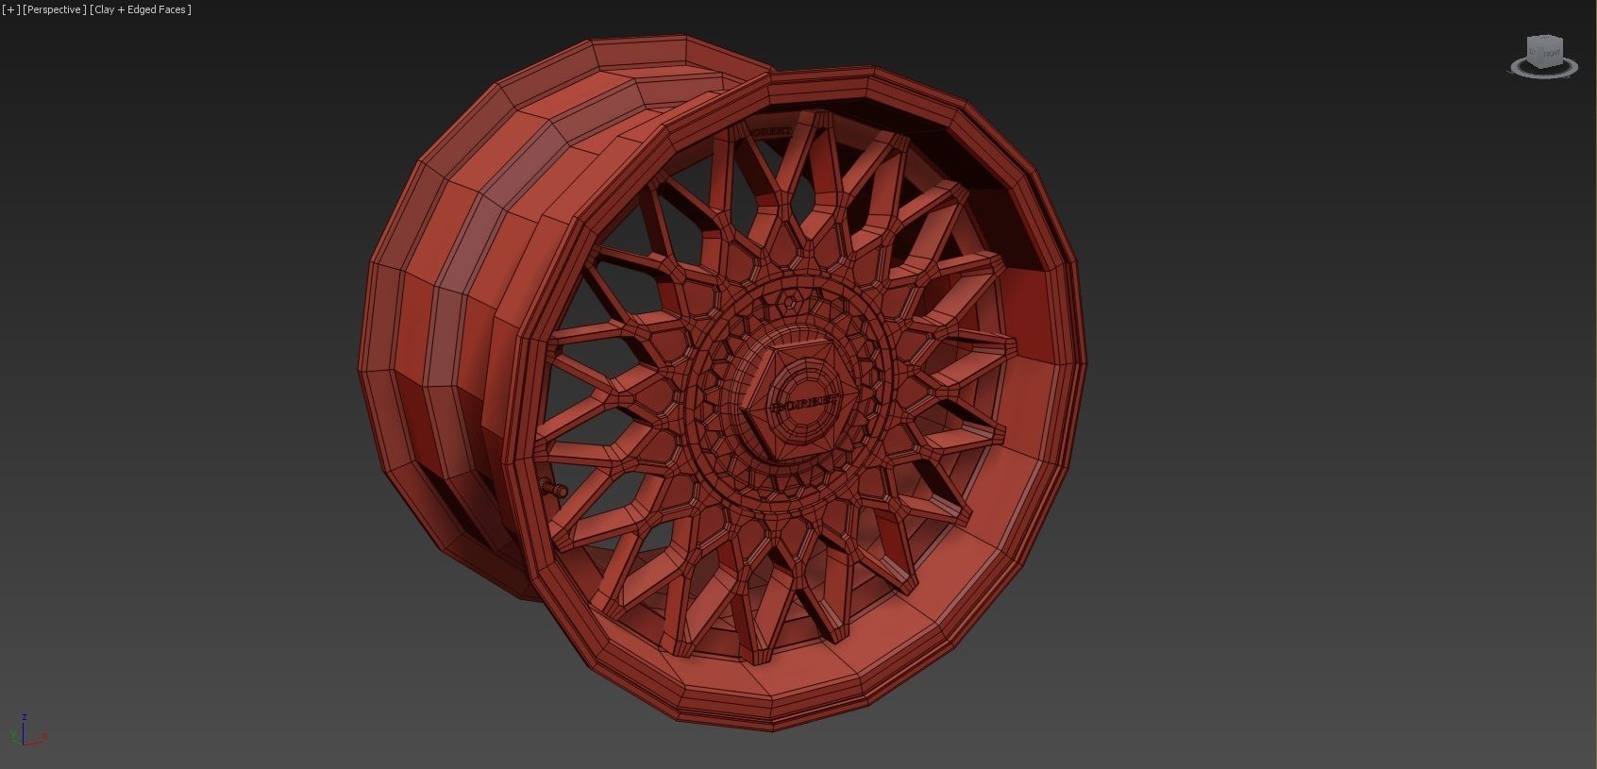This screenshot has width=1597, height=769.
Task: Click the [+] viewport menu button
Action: [11, 9]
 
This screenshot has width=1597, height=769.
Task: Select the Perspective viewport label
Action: [55, 9]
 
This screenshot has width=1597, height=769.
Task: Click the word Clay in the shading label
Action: [105, 9]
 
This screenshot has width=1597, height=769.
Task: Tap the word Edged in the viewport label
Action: [142, 9]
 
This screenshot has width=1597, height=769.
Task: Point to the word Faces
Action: [173, 9]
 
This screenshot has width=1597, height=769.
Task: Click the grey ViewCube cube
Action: [1544, 51]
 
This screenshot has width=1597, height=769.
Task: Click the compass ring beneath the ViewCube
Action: [1544, 70]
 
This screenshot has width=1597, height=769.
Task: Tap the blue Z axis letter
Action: [24, 717]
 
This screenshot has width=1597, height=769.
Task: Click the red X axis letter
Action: [44, 736]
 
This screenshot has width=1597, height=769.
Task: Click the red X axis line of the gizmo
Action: [35, 742]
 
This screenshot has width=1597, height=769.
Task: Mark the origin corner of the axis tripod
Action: [24, 743]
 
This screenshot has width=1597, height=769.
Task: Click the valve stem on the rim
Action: [552, 487]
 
